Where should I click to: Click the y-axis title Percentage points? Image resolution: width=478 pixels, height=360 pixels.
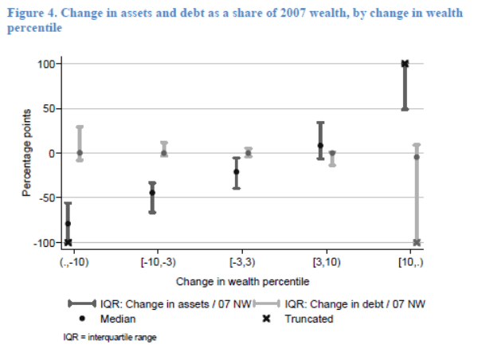[x=26, y=154]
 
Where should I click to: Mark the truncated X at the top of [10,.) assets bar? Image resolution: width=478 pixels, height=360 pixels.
[x=405, y=64]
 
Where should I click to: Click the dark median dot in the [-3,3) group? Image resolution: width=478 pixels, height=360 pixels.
[x=236, y=172]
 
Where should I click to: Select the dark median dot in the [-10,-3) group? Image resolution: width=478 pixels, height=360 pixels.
[x=152, y=193]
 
